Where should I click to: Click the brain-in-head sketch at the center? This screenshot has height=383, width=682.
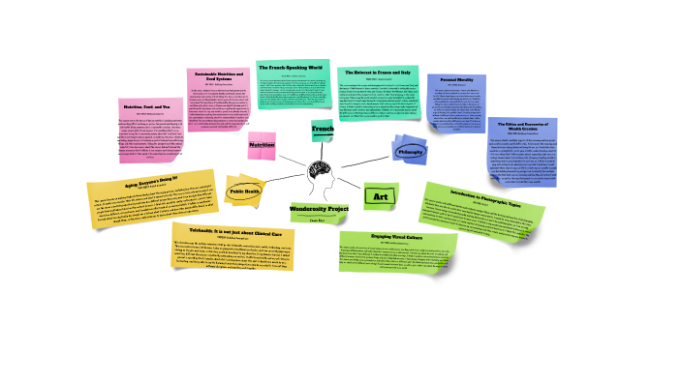325,174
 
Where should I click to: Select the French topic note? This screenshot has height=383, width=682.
323,128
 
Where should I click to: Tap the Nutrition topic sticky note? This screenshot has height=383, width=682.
263,146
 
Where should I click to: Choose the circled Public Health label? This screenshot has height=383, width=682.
244,191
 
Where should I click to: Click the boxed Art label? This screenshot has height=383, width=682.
380,196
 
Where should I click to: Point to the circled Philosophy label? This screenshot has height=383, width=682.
410,151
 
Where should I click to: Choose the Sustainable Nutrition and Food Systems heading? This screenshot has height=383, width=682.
218,74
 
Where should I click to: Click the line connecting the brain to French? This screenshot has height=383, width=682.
325,147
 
